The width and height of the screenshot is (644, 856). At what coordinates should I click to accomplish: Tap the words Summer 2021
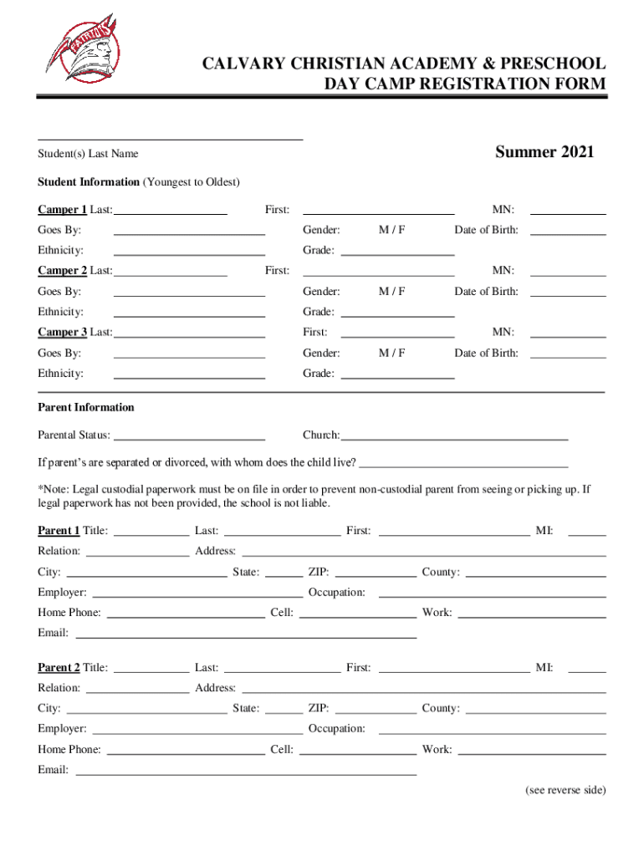544,152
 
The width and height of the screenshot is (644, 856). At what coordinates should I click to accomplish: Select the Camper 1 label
62,209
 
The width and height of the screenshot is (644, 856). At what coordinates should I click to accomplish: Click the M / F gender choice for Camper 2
391,292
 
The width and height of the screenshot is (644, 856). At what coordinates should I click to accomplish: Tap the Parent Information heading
85,408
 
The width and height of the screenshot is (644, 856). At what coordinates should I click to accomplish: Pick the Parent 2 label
59,668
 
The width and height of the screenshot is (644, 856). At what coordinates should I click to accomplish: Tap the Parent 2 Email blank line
246,774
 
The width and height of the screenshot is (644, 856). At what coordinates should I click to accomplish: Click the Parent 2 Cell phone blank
357,752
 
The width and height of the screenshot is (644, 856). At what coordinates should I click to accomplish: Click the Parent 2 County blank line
535,711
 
